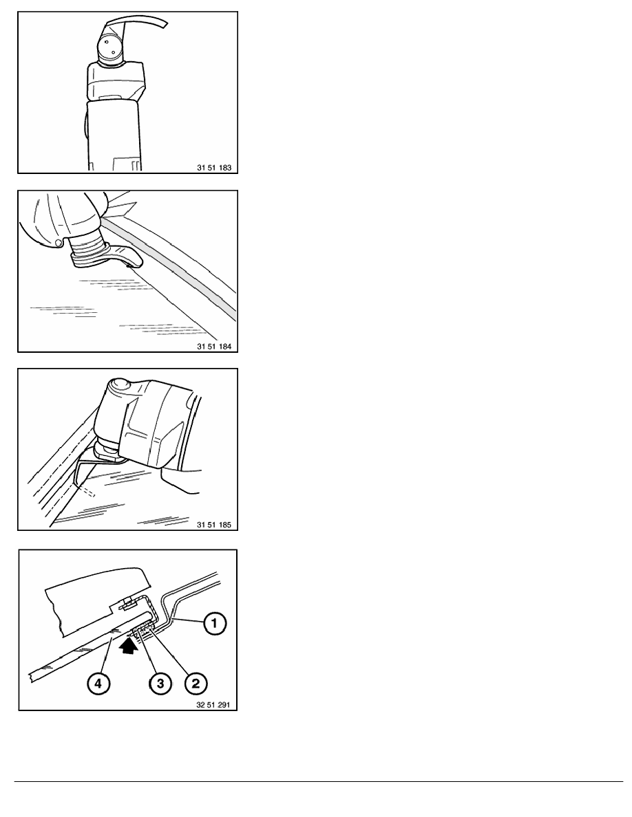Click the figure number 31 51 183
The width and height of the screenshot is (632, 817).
pyautogui.click(x=214, y=168)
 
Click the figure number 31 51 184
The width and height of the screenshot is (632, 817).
pyautogui.click(x=214, y=347)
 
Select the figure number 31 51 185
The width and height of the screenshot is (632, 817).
pyautogui.click(x=214, y=525)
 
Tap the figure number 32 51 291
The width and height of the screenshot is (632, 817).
pyautogui.click(x=214, y=705)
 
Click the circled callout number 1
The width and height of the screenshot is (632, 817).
pyautogui.click(x=214, y=623)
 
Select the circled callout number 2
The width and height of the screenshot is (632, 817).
pyautogui.click(x=196, y=683)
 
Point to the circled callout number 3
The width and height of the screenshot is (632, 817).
pyautogui.click(x=160, y=683)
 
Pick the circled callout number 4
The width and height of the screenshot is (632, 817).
pyautogui.click(x=98, y=683)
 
